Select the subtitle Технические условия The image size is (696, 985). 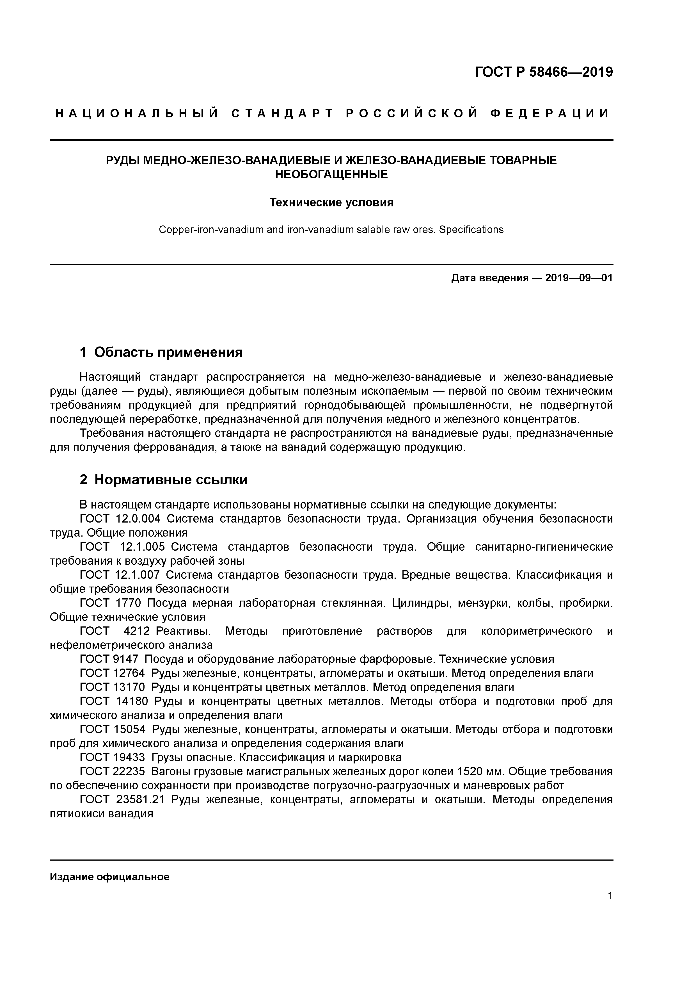point(331,202)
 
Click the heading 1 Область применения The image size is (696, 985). point(161,352)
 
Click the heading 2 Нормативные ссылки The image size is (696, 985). point(164,480)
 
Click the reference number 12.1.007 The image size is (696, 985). point(138,575)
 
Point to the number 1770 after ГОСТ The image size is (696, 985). point(128,603)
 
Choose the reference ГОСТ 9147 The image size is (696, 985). point(109,659)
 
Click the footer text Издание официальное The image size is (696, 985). point(110,877)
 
